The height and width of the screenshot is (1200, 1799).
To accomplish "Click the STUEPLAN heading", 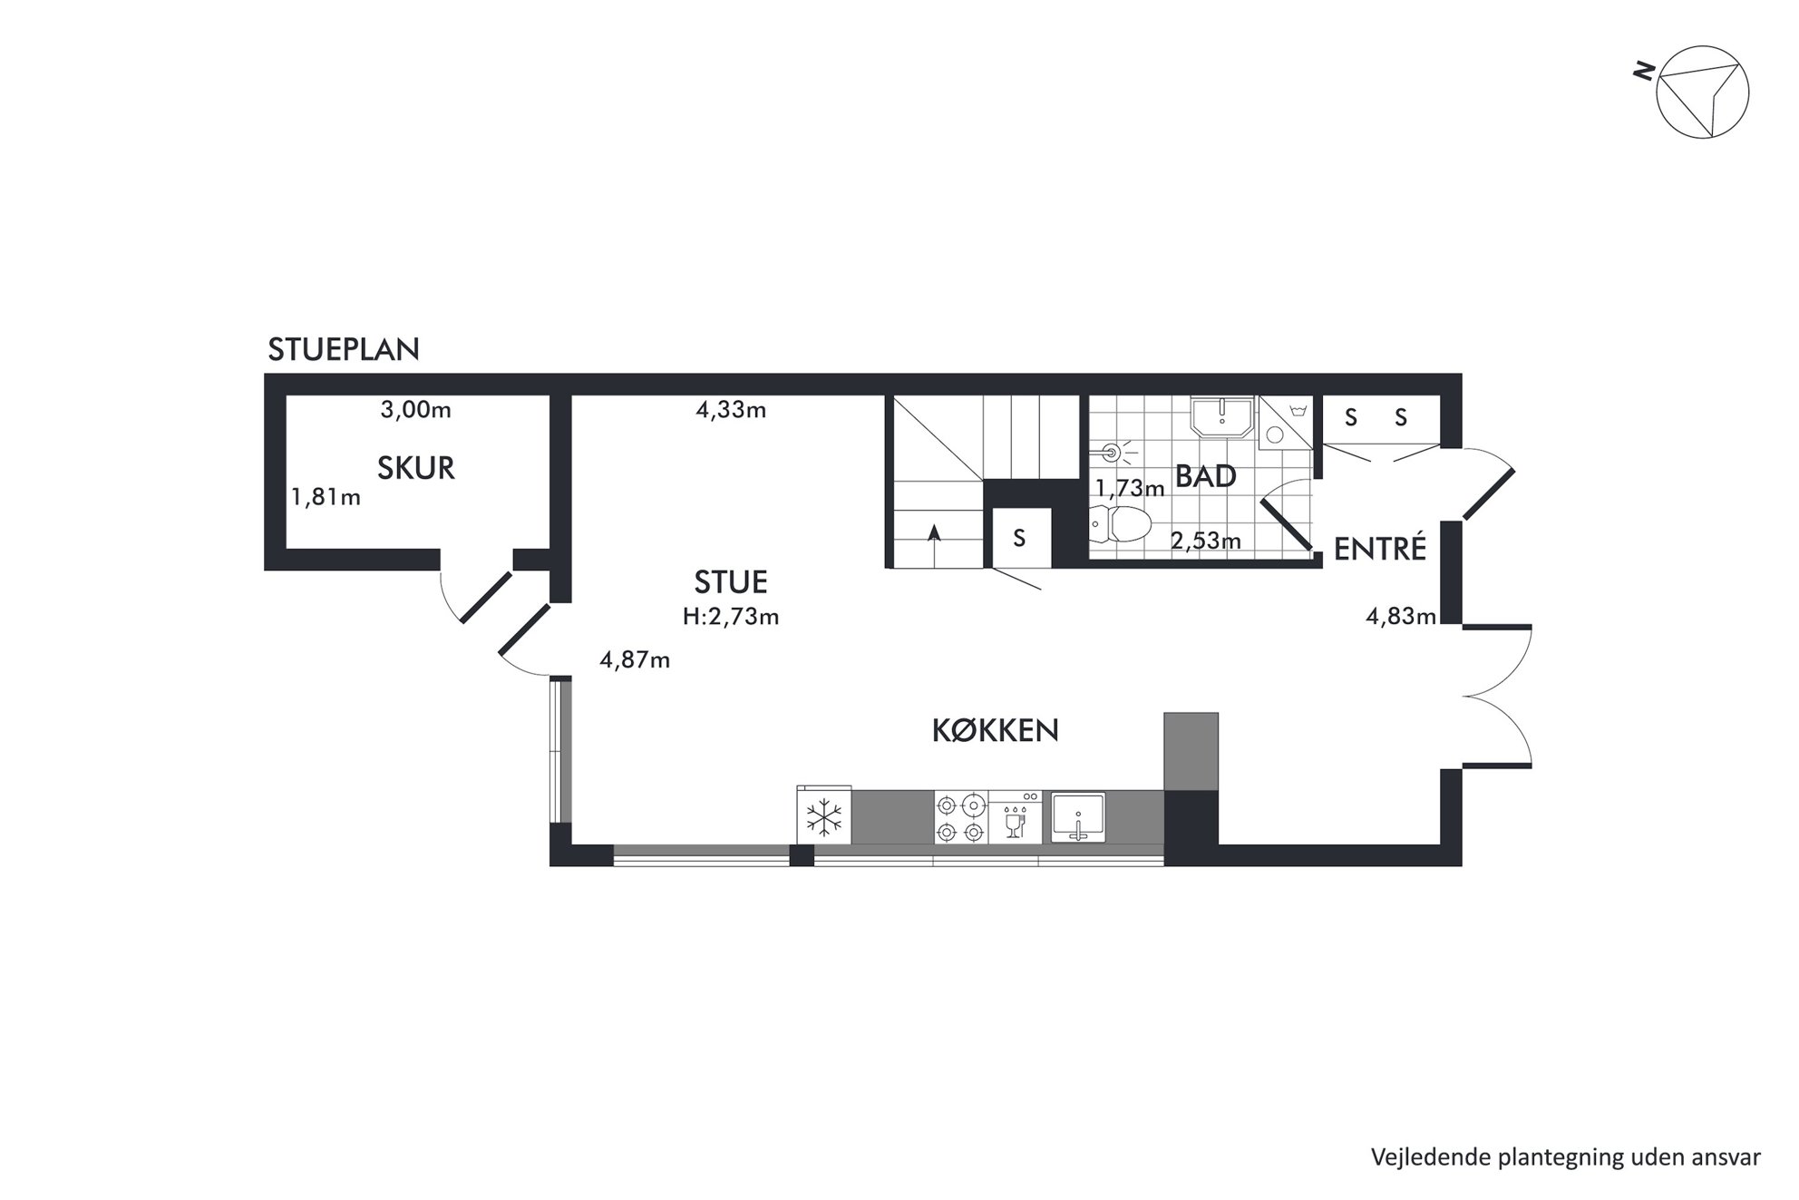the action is (344, 350).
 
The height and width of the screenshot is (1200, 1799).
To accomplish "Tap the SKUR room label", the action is (416, 468).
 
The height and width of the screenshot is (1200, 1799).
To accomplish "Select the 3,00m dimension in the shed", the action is (415, 410).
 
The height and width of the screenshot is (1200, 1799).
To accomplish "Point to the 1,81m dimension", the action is (326, 497).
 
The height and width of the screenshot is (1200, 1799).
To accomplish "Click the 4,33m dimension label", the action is (731, 410).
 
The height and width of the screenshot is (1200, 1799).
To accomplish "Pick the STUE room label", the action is (731, 581).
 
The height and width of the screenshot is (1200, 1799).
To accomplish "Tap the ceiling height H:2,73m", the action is (731, 617).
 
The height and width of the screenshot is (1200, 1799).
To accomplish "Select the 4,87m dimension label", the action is (635, 660).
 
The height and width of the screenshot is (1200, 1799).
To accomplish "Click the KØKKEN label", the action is (996, 731).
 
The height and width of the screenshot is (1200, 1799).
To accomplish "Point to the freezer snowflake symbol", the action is (824, 817).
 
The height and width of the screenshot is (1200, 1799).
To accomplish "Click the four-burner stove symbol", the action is (961, 817).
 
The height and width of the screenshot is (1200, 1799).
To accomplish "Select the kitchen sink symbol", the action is (1078, 817).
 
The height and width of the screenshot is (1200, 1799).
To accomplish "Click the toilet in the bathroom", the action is (1120, 523).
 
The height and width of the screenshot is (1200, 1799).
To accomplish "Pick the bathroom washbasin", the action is (1222, 418).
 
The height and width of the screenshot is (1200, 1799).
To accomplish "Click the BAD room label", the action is (1206, 477).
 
